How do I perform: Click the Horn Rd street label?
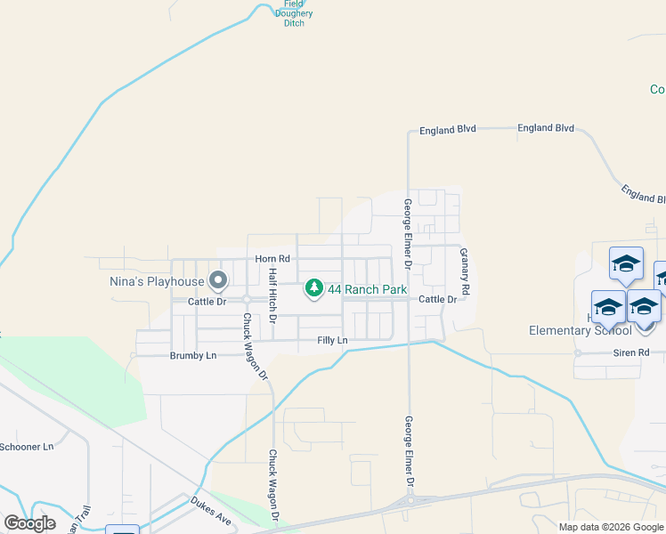click(272, 258)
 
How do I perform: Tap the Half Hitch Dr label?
click(273, 294)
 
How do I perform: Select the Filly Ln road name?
click(332, 341)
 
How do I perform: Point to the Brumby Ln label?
click(193, 355)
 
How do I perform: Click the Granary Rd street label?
click(464, 272)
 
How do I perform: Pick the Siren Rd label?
click(630, 352)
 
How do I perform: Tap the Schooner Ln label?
click(27, 446)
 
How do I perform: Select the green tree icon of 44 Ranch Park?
click(313, 288)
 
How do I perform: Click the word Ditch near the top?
click(294, 23)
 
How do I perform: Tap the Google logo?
click(29, 522)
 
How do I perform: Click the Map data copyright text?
click(611, 527)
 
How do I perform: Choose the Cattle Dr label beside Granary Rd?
click(437, 299)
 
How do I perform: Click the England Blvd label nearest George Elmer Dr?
click(449, 129)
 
